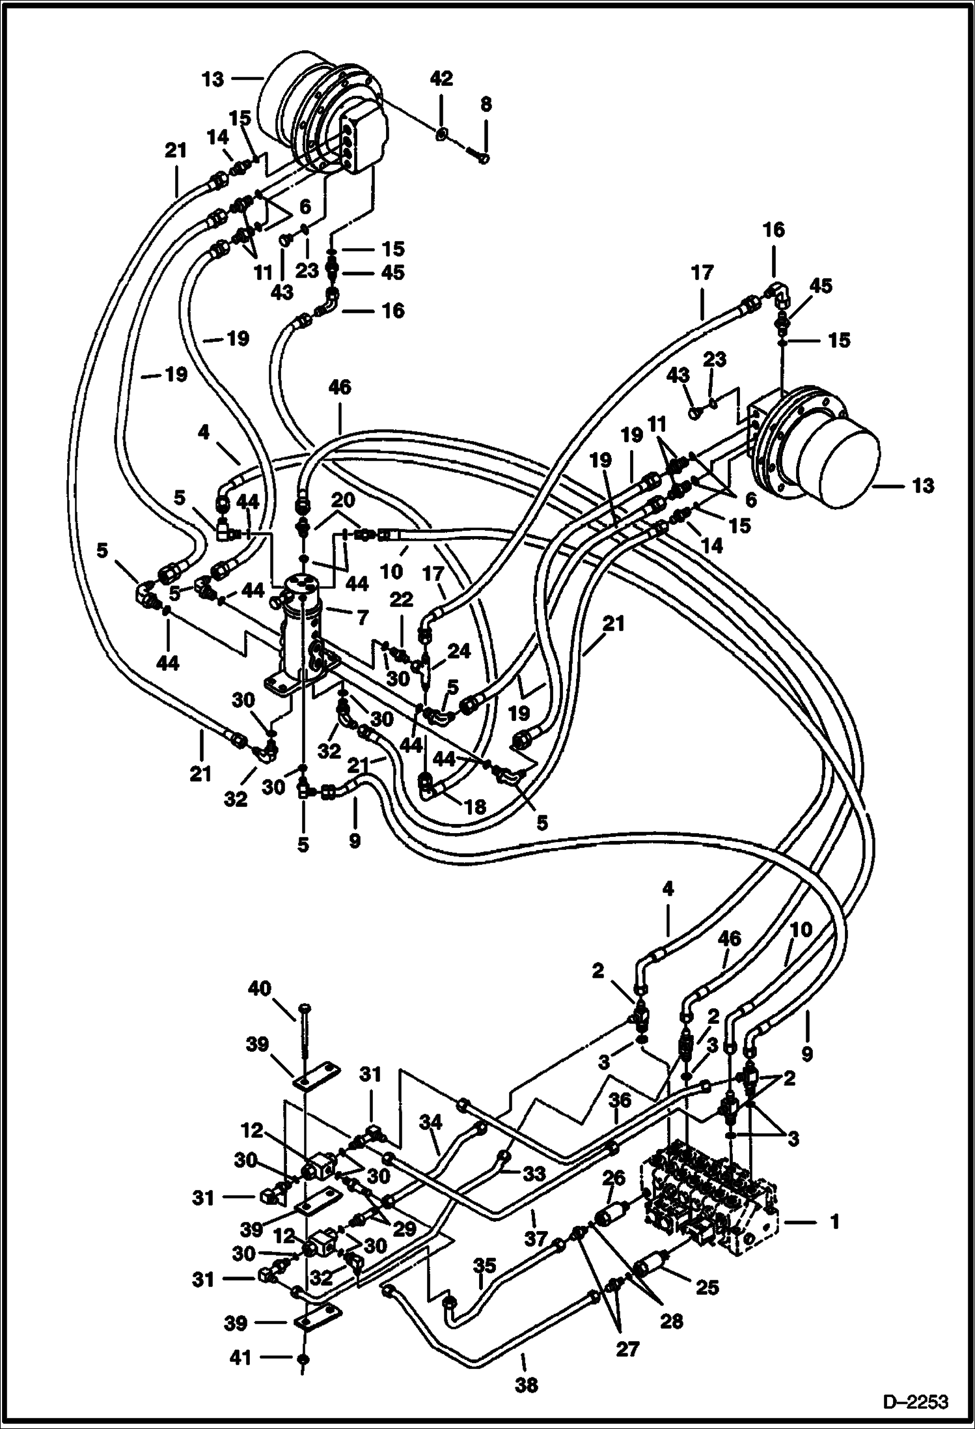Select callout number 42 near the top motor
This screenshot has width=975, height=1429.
(x=441, y=79)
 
